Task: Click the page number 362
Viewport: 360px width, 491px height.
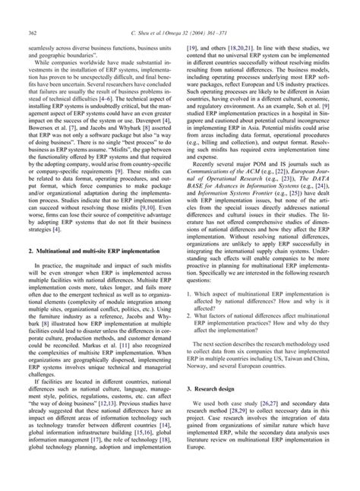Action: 34,32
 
